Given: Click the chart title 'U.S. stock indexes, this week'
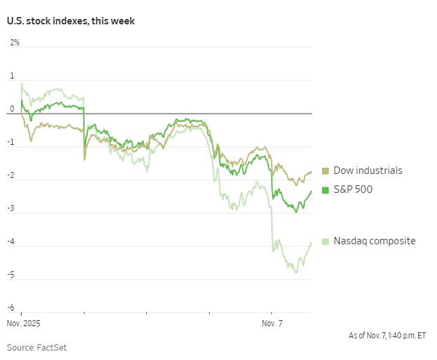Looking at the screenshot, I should coord(71,21).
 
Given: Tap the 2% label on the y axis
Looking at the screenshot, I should coord(14,43).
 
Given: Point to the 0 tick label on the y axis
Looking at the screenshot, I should coord(11,109).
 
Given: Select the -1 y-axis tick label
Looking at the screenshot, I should coord(11,142).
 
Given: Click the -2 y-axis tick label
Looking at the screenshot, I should coord(11,175).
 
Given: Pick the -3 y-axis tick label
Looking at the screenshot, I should coord(11,208).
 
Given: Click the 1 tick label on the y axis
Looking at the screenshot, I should coord(11,76).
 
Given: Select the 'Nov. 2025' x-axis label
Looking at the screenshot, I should coord(23,324).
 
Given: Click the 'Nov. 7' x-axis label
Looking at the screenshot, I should coord(272,324).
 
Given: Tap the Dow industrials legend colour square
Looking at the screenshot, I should coord(325,171).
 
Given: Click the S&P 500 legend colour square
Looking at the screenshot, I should coord(325,190).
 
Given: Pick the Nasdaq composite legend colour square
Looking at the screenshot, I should coord(325,242).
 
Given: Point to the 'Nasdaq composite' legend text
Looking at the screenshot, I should coord(375,241).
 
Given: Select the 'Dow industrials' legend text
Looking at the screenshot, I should coord(368,171).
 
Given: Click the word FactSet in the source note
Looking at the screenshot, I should coord(53,348).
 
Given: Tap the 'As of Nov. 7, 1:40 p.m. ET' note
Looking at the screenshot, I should coord(388,335).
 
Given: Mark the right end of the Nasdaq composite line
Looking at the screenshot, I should coord(311,243).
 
